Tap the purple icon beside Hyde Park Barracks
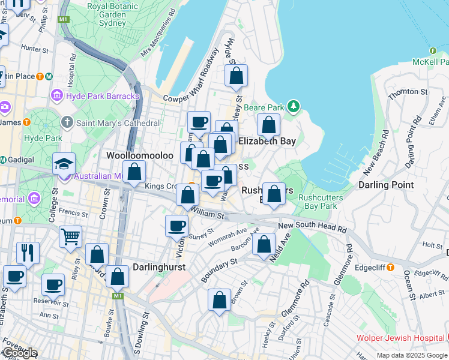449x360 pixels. (x=57, y=95)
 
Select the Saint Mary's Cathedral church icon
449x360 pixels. (x=67, y=123)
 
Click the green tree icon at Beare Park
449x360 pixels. (x=293, y=107)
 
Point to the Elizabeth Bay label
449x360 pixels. (x=267, y=142)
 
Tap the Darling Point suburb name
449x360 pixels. (x=386, y=185)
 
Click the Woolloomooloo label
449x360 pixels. (x=140, y=155)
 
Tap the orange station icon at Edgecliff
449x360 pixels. (x=390, y=266)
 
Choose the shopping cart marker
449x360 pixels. (x=71, y=236)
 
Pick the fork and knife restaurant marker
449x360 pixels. (x=28, y=252)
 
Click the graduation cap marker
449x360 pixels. (x=64, y=163)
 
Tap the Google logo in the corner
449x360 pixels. (x=19, y=353)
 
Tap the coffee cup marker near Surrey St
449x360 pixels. (x=177, y=226)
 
